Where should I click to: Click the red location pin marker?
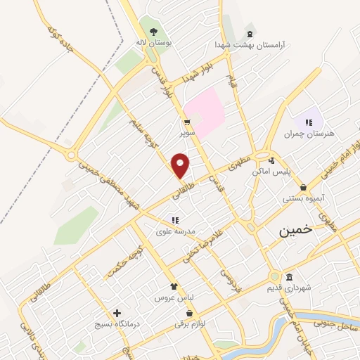click(181, 165)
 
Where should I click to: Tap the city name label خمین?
click(295, 231)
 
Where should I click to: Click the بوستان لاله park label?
click(155, 42)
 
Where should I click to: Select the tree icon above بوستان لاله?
click(153, 30)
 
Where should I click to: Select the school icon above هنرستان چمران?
click(307, 122)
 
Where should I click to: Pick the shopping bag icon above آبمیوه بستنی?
click(303, 187)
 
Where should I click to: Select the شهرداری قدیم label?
click(287, 288)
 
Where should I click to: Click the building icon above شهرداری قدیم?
click(289, 276)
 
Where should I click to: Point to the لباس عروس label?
click(174, 298)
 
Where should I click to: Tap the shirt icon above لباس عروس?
click(174, 286)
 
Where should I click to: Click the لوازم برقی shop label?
click(192, 325)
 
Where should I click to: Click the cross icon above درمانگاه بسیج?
click(116, 313)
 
